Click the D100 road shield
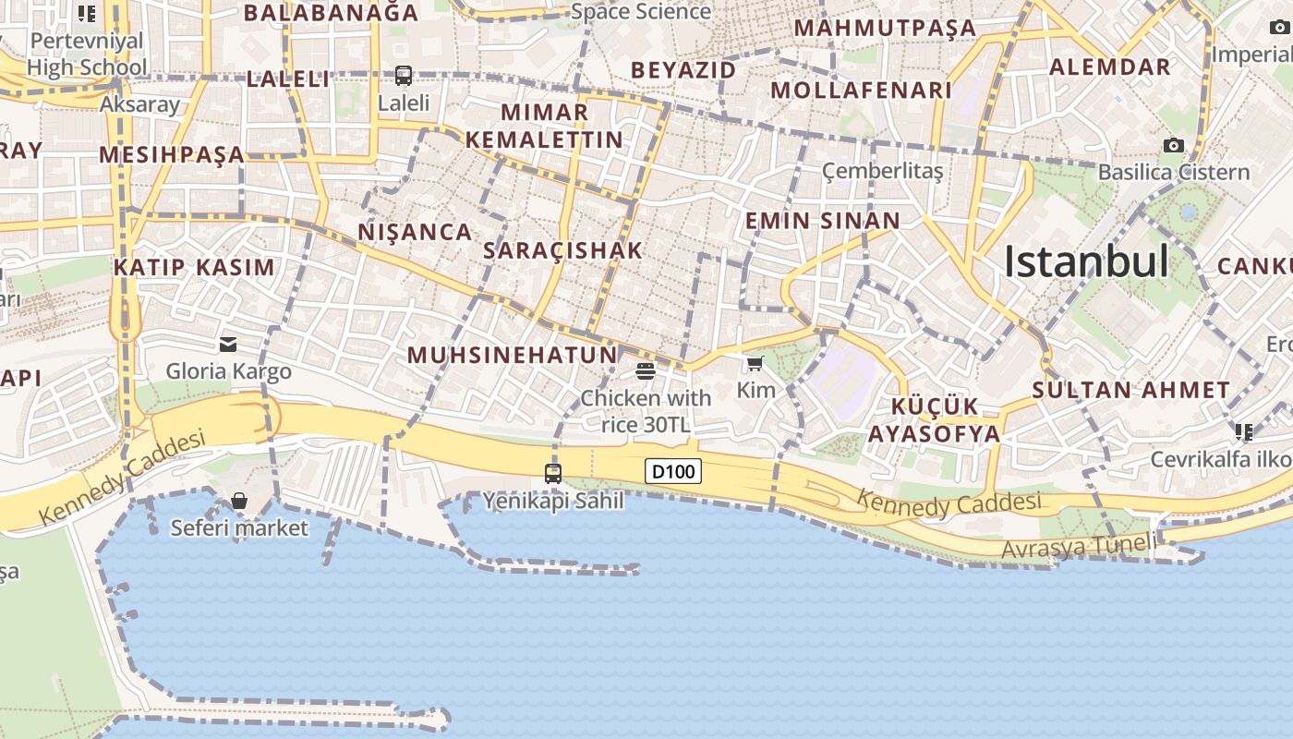tap(672, 472)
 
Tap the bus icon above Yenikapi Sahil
tap(553, 474)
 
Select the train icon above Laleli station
tap(404, 76)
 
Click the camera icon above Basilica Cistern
tap(1174, 145)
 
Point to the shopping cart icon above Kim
tap(755, 363)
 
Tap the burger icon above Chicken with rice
tap(646, 371)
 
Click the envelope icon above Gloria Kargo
tap(228, 345)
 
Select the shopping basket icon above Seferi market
tap(239, 501)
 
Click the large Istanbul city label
tap(1086, 261)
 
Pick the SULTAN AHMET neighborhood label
tap(1130, 390)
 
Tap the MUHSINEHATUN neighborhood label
tap(513, 355)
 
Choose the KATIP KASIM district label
tap(194, 268)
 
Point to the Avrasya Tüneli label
tap(1079, 546)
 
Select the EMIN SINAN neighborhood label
tap(822, 221)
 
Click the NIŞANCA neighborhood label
tap(416, 232)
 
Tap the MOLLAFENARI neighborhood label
tap(861, 91)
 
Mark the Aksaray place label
tap(139, 104)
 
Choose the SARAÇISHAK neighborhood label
tap(562, 250)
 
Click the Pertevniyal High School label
tap(87, 54)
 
